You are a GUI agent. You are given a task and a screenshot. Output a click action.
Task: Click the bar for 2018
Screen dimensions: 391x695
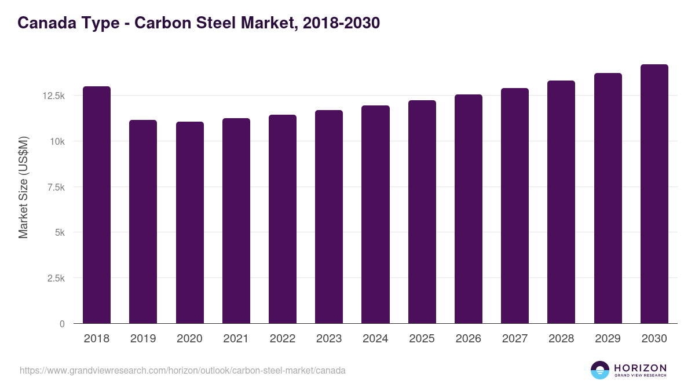pos(97,205)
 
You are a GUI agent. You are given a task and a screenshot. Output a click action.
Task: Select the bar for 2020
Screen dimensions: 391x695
pos(189,222)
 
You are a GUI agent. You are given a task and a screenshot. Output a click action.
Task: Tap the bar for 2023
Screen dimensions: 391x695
pos(329,217)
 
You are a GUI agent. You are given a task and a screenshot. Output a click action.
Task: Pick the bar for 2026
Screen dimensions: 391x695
pos(469,209)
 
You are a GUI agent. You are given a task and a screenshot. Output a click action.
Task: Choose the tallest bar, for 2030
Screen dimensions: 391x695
pos(654,194)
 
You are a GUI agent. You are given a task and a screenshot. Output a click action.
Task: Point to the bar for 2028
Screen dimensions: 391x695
pos(561,202)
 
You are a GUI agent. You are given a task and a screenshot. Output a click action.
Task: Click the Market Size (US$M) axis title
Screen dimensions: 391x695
pos(23,187)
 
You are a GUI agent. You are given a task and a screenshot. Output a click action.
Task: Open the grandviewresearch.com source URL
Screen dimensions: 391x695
pos(182,370)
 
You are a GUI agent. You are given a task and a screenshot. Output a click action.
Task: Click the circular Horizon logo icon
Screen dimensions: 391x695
pos(600,370)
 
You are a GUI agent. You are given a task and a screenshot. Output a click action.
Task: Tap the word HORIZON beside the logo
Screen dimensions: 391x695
pos(640,368)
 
